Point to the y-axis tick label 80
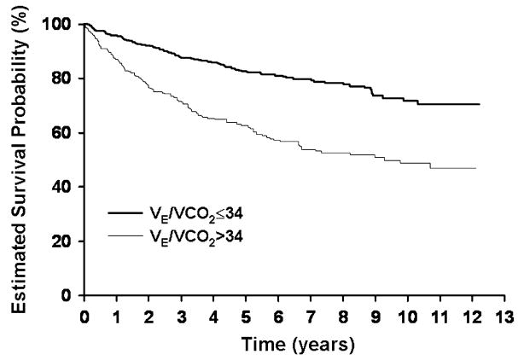coord(61,78)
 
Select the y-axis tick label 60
coord(61,133)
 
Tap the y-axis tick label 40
coord(61,187)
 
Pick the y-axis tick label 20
coord(61,241)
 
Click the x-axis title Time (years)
coord(294,340)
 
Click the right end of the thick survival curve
coord(480,104)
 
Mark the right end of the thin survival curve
coord(476,168)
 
